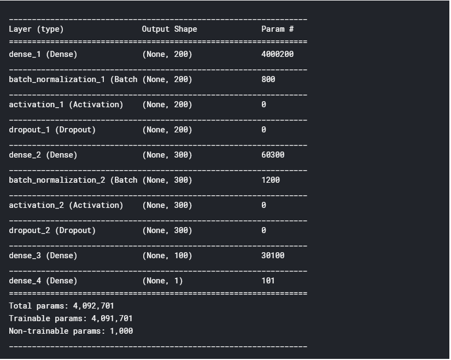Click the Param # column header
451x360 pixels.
[277, 29]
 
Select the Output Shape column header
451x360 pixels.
[169, 29]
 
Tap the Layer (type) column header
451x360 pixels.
[36, 29]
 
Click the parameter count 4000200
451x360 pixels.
[279, 54]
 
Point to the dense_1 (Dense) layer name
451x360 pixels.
[43, 54]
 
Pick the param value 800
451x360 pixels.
[268, 79]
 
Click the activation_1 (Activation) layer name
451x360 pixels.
[66, 104]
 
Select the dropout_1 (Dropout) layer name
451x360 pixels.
[52, 130]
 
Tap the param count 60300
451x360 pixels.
[273, 155]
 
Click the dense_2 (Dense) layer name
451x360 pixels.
[43, 155]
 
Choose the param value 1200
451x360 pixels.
[271, 180]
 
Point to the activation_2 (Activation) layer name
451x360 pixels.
[66, 205]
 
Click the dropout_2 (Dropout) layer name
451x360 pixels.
[52, 230]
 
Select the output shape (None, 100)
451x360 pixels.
[167, 256]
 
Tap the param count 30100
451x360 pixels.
[273, 256]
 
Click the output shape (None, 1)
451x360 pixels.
[162, 281]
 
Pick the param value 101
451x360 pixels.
[268, 281]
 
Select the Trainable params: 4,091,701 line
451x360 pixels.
[71, 318]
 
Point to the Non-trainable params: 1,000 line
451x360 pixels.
[71, 331]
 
